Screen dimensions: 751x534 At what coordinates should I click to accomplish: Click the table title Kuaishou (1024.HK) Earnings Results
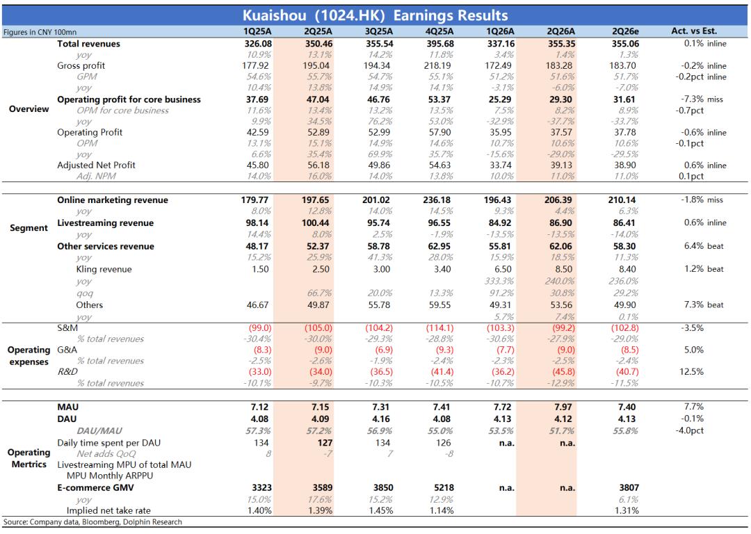pos(375,15)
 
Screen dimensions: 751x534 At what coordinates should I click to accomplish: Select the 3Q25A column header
pos(378,31)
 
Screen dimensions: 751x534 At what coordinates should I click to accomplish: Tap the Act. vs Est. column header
pos(694,31)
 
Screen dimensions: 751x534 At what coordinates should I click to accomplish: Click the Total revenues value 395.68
pos(439,44)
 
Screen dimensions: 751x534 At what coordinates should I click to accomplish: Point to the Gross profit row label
pos(81,65)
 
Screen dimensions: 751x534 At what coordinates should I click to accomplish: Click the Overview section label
pos(29,108)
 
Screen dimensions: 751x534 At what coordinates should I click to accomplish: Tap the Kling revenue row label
pos(104,269)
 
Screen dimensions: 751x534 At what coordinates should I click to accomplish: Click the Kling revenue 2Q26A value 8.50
pos(563,269)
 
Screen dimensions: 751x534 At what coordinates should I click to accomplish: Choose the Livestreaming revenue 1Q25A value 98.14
pos(257,222)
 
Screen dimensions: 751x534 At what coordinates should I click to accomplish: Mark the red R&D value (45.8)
pos(563,372)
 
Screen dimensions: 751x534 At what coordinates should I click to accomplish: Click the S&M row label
pos(67,328)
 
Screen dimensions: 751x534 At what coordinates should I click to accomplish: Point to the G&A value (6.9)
pos(381,350)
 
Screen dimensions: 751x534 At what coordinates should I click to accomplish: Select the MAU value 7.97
pos(563,407)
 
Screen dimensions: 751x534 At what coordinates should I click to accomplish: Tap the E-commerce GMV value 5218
pos(444,487)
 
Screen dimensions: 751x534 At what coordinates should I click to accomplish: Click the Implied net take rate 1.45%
pos(381,510)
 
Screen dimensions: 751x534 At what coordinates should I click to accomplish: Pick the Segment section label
pos(29,228)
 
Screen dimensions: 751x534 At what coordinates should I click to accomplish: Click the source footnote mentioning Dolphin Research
pos(92,522)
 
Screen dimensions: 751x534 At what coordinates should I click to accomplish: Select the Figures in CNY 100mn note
pos(40,32)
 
